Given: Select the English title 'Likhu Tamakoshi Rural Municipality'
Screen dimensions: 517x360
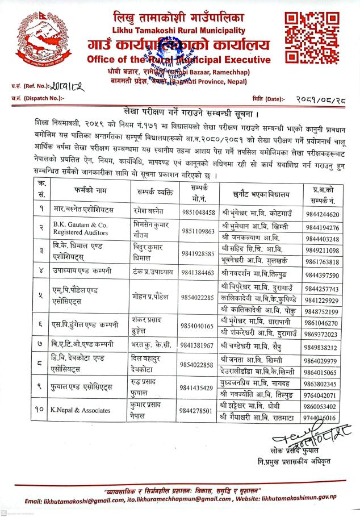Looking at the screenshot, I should pos(178,30).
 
